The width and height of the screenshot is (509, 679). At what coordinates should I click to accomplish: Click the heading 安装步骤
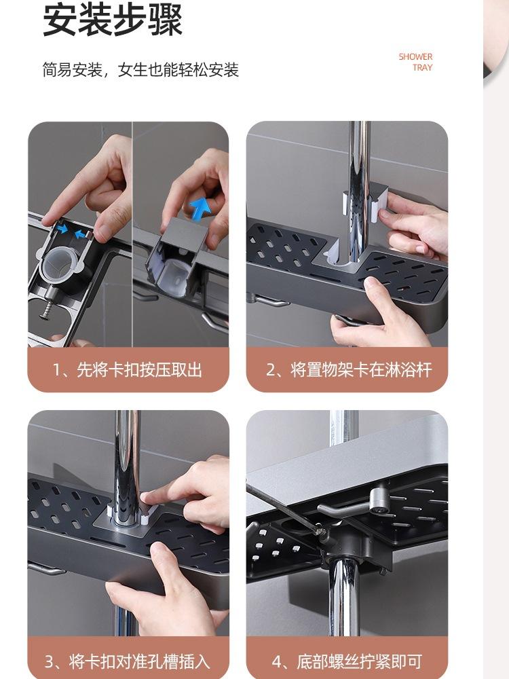[x=113, y=20]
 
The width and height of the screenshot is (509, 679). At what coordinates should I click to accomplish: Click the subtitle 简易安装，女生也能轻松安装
[x=140, y=70]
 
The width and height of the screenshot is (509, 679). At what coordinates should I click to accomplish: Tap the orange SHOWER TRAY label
[x=415, y=62]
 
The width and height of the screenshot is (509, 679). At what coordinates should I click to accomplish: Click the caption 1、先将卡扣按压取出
[x=128, y=370]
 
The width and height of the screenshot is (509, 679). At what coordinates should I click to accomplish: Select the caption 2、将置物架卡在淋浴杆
[x=349, y=370]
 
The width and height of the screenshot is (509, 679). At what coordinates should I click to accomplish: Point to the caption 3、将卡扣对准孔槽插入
[x=128, y=661]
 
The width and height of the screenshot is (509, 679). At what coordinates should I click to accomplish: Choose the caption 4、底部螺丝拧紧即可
[x=347, y=661]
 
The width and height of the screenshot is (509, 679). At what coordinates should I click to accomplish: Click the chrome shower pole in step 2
[x=359, y=191]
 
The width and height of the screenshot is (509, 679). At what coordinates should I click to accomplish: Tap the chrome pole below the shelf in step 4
[x=344, y=598]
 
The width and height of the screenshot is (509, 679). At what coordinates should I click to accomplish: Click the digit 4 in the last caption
[x=277, y=662]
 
